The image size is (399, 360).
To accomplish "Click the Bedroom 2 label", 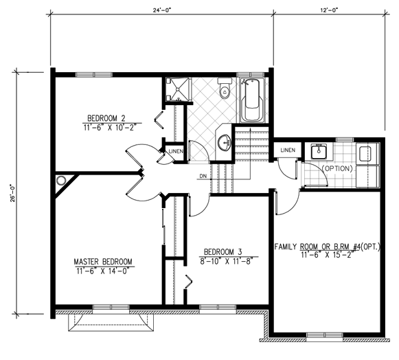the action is click(106, 118).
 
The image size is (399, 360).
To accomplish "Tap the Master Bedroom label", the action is click(103, 262).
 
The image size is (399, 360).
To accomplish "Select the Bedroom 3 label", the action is click(223, 252).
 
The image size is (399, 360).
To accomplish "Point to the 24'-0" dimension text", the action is click(162, 10).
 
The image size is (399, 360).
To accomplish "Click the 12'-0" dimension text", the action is click(329, 10).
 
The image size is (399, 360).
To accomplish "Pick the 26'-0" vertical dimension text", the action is click(13, 193).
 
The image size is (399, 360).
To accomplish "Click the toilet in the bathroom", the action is click(225, 89).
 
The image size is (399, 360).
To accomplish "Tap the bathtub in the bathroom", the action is click(252, 100).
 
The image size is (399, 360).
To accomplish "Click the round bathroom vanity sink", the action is click(225, 143).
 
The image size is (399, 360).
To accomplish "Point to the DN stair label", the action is click(203, 176).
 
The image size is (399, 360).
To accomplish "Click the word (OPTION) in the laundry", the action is click(337, 168).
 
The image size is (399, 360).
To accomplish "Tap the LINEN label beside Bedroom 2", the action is click(176, 151).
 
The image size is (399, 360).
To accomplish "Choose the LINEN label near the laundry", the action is click(288, 150).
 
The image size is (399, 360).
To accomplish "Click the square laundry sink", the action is click(318, 151).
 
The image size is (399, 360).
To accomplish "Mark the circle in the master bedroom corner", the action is click(61, 181).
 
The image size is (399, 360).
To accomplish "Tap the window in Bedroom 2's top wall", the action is click(94, 75).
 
